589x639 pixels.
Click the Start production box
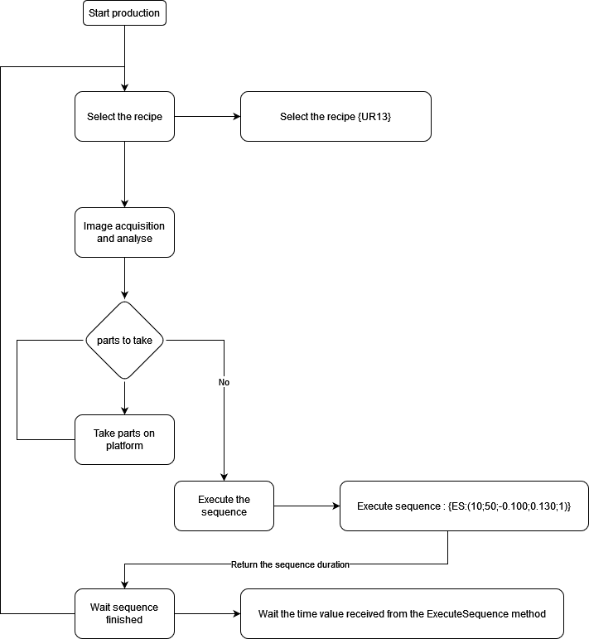124,13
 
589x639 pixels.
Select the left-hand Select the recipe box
124,116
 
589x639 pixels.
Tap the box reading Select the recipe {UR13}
336,116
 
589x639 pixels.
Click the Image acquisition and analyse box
124,232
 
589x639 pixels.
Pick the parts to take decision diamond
124,340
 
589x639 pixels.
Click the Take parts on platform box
124,439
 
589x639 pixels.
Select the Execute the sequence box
224,506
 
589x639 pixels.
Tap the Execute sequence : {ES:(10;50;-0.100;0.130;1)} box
464,506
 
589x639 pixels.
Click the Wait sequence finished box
124,613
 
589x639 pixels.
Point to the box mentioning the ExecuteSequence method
402,613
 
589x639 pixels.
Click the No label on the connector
224,383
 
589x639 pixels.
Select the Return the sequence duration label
290,564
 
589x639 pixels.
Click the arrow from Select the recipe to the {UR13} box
207,116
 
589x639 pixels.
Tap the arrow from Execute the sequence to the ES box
307,506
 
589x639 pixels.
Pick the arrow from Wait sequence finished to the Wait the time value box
207,613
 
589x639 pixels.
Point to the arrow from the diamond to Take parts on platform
124,396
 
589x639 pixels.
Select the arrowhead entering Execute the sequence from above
224,476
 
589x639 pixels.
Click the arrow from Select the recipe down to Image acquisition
124,174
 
